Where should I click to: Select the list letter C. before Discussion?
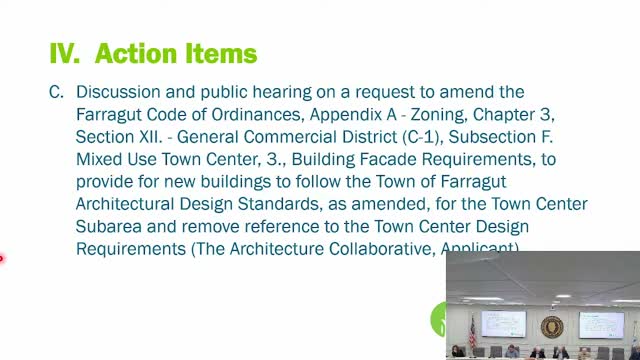(x=56, y=92)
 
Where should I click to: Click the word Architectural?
(x=127, y=204)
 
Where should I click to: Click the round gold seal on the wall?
(x=552, y=327)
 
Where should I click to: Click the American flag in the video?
(x=471, y=331)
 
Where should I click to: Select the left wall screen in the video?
(x=503, y=323)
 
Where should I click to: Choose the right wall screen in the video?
(x=600, y=323)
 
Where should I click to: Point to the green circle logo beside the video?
(x=438, y=320)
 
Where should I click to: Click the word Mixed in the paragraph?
(x=98, y=159)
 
